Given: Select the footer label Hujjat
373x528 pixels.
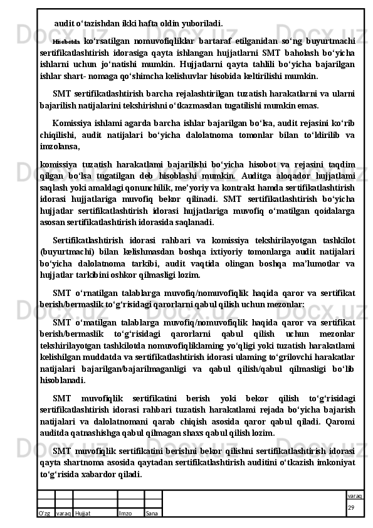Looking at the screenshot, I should click(x=82, y=513).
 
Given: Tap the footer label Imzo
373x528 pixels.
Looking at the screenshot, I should click(x=125, y=513).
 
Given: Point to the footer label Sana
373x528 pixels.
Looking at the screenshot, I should click(x=151, y=513).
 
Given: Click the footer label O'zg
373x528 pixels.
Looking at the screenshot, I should click(x=45, y=513).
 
